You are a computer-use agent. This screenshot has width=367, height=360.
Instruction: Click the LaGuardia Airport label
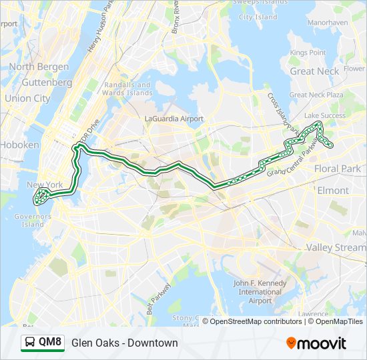173,119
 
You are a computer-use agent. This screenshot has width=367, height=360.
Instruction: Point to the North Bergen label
39,67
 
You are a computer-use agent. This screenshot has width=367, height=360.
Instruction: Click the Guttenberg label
47,83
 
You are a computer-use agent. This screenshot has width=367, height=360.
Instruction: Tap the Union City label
27,99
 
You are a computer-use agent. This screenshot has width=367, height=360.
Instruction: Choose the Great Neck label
314,71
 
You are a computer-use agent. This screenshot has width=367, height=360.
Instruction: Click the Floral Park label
337,169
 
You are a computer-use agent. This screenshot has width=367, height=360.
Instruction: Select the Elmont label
332,190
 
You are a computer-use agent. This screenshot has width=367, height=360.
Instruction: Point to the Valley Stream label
336,247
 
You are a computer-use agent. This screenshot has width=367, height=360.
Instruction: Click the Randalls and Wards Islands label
127,89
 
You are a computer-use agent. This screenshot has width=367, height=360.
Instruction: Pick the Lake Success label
325,115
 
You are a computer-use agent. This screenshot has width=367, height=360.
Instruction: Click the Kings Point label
308,53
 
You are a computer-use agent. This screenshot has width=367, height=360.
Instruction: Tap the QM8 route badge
50,343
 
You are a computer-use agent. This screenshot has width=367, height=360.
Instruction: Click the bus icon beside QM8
30,343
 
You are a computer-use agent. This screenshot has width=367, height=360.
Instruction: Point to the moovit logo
316,343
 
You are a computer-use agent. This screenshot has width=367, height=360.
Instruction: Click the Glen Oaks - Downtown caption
125,343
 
